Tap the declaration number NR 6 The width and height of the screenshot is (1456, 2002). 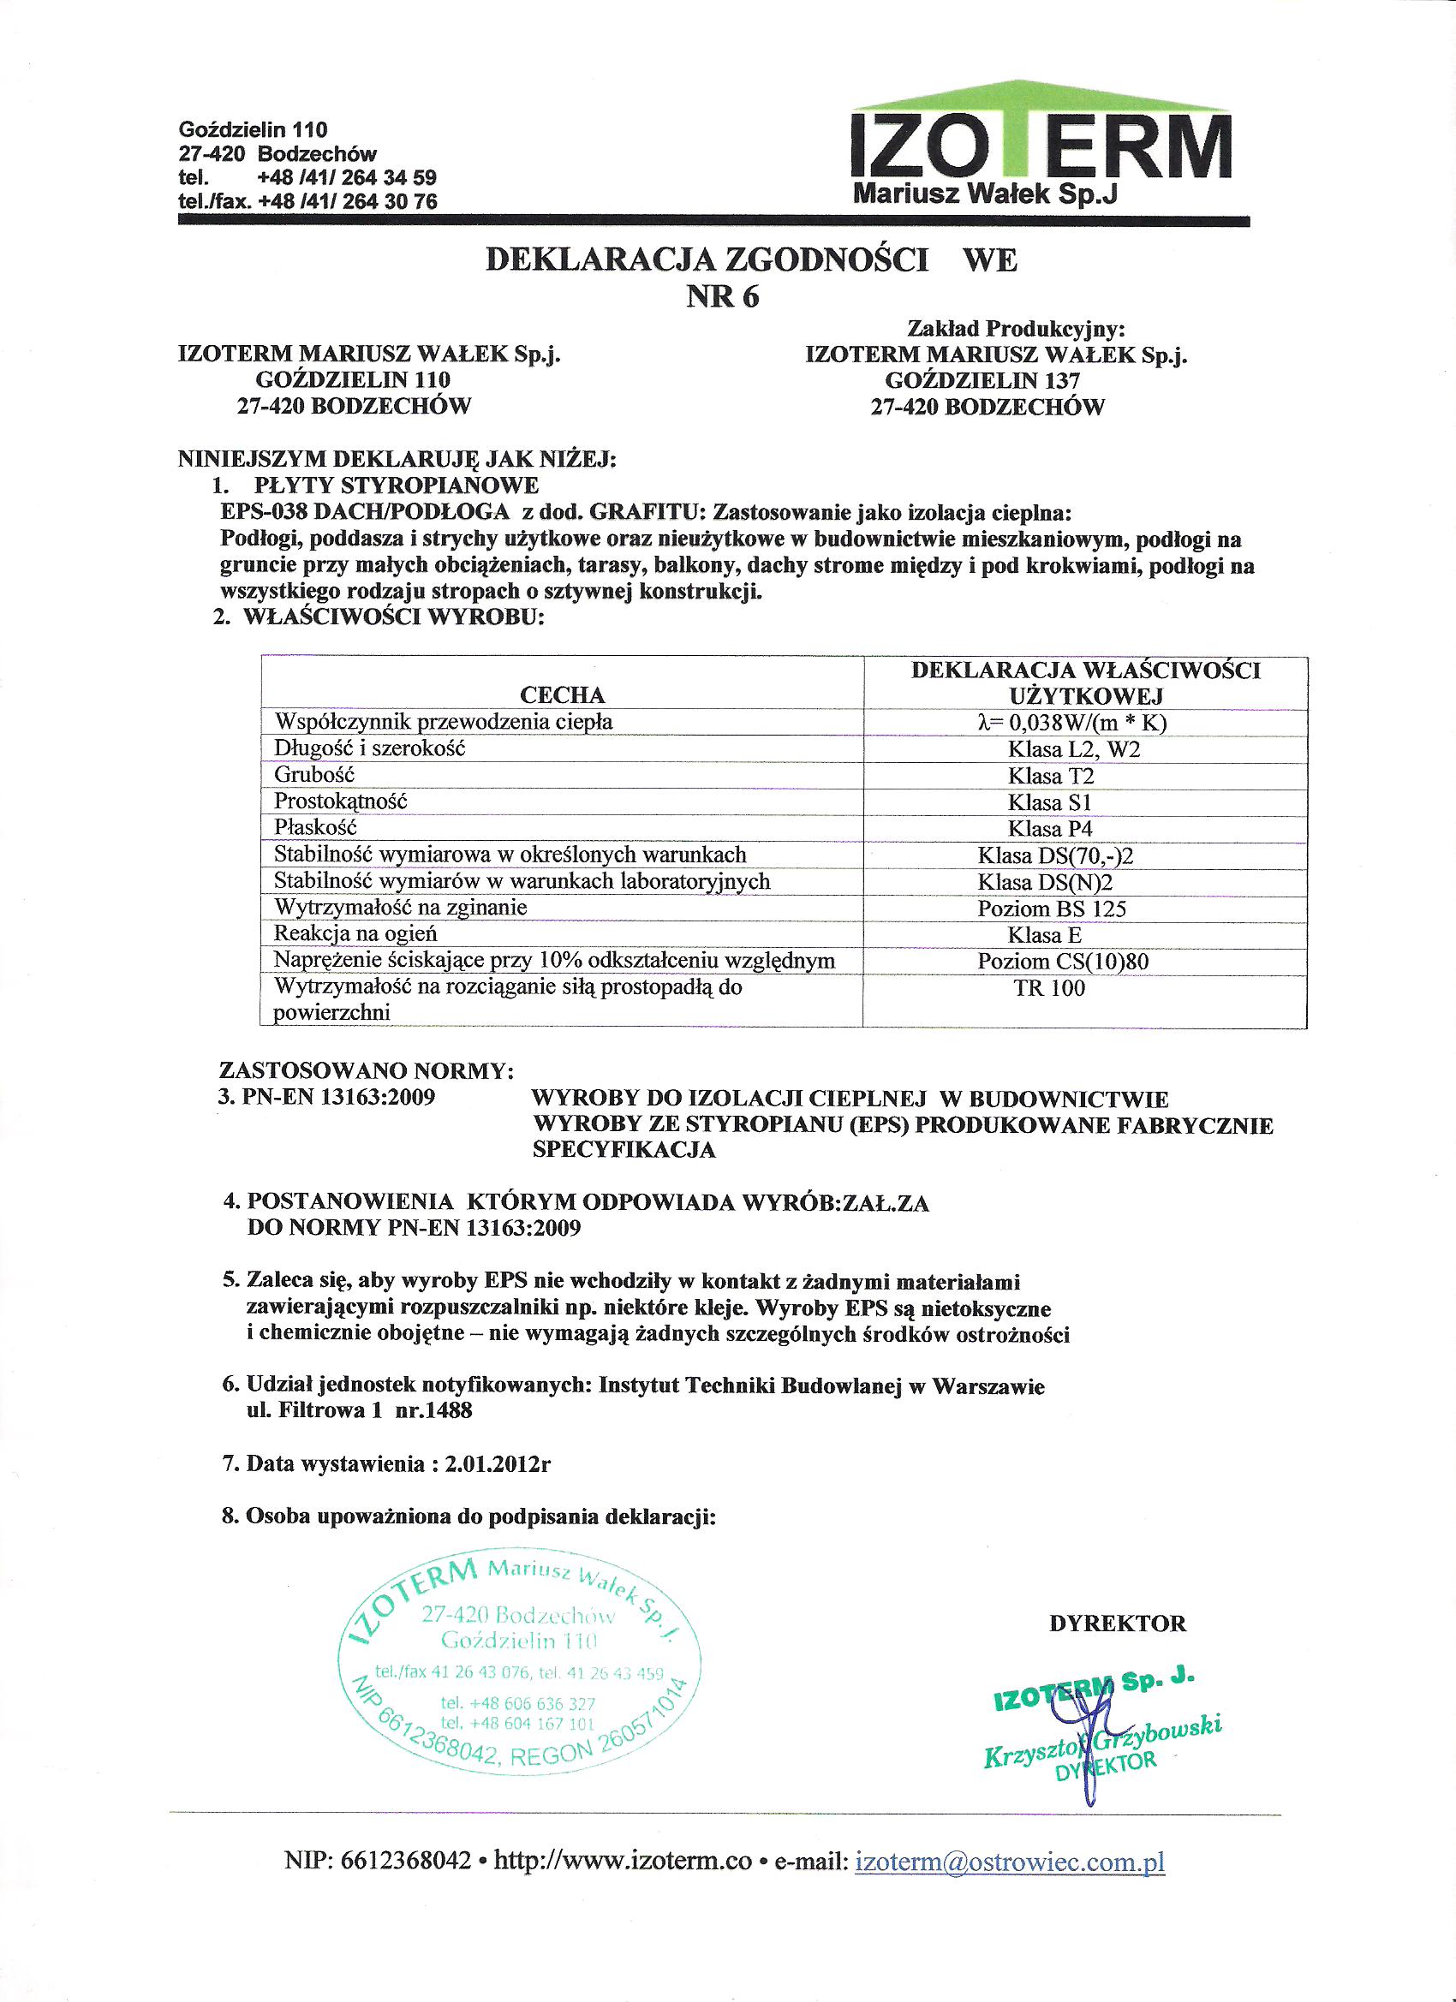pyautogui.click(x=722, y=297)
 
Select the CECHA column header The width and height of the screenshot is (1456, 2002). pyautogui.click(x=563, y=694)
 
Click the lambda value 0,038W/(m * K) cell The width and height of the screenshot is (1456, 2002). pyautogui.click(x=1072, y=723)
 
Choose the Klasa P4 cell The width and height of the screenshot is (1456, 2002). pyautogui.click(x=1050, y=829)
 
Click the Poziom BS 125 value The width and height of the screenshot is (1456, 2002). pyautogui.click(x=1052, y=909)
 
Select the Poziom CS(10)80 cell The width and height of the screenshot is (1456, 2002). pyautogui.click(x=1063, y=962)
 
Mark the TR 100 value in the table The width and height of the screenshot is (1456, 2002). pyautogui.click(x=1049, y=989)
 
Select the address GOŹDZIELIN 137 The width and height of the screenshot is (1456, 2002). pyautogui.click(x=982, y=380)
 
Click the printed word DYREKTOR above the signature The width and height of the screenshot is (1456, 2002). pyautogui.click(x=1117, y=1624)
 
